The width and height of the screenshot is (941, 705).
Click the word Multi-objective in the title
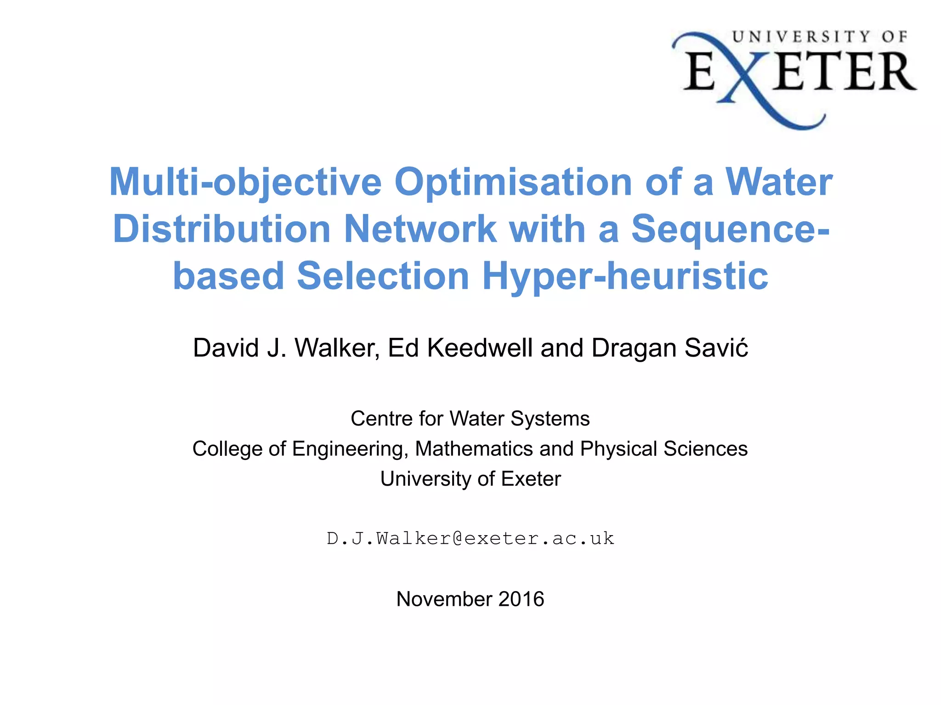[245, 182]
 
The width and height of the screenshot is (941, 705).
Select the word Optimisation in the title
[513, 182]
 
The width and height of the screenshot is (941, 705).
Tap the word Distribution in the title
[221, 229]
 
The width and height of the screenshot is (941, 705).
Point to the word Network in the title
[420, 229]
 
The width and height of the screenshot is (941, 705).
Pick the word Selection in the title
[383, 276]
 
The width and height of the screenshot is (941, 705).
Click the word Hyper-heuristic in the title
[625, 276]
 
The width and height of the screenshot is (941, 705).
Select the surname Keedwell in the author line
[480, 348]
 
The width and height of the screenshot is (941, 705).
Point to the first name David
[226, 348]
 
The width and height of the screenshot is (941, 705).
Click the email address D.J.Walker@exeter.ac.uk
[470, 538]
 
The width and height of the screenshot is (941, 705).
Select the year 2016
[521, 599]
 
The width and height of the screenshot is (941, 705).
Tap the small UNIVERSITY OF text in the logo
[819, 37]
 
